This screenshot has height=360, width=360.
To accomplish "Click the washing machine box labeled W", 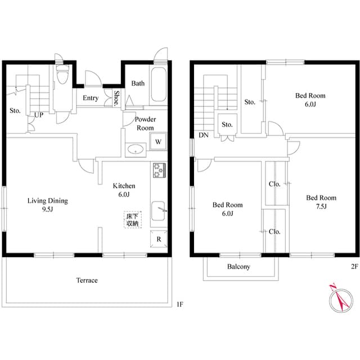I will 159,141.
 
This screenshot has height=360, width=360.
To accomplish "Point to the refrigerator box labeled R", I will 159,238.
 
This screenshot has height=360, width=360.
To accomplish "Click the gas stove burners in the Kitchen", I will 158,169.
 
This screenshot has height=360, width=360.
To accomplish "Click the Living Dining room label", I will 48,204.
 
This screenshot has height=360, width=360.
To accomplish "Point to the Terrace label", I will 87,280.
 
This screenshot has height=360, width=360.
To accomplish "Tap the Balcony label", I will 238,267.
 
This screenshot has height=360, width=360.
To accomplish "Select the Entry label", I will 91,98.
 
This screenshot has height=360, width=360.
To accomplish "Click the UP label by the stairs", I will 39,115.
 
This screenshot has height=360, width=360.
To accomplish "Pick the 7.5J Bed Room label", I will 321,202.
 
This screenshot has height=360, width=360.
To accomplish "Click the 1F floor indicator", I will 179,304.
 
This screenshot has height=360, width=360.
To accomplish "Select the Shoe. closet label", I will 117,98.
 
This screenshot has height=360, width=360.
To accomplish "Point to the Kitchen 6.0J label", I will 124,190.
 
